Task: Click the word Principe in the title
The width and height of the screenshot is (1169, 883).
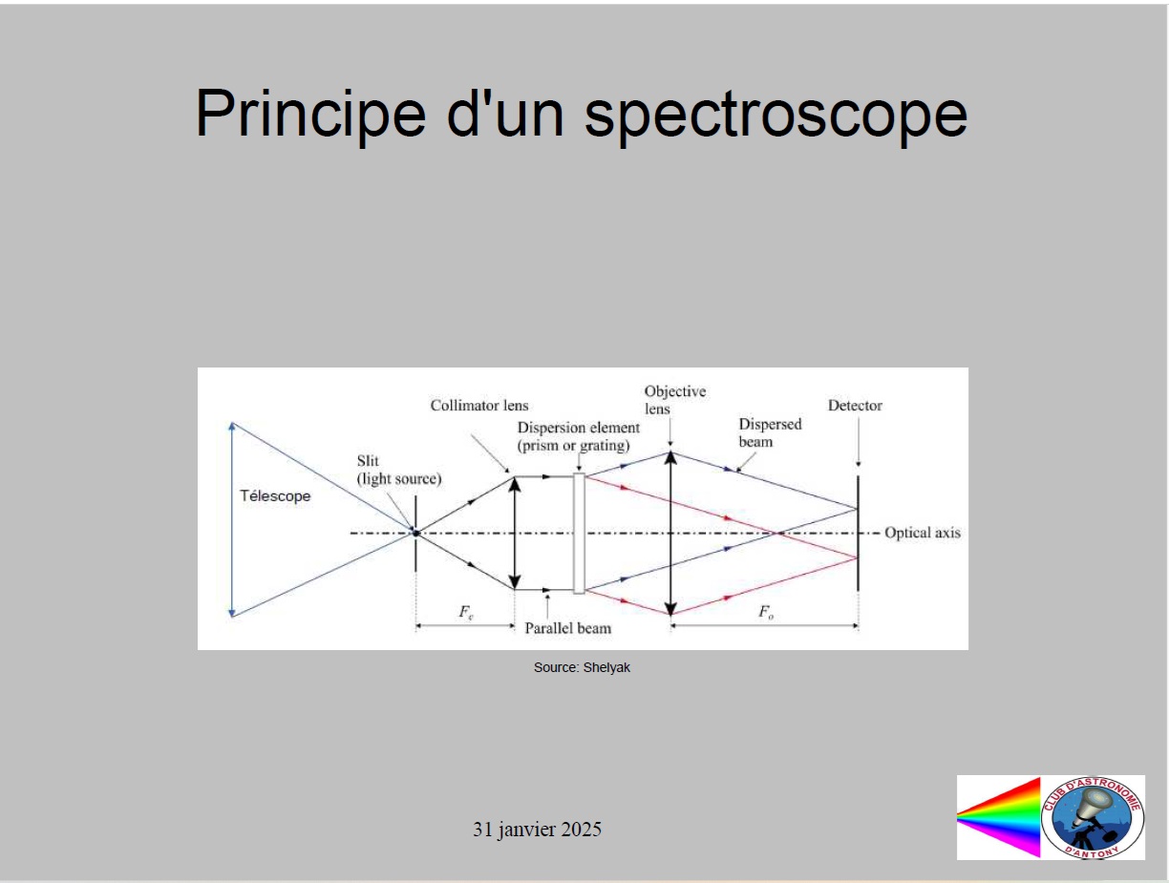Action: [x=311, y=114]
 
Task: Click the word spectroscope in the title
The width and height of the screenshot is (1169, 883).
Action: [x=776, y=116]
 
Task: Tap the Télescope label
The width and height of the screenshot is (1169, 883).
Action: [x=275, y=496]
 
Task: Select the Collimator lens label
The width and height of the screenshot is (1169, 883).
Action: [x=479, y=406]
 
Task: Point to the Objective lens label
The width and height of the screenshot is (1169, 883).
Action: [x=675, y=400]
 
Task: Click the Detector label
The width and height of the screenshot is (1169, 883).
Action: [x=855, y=406]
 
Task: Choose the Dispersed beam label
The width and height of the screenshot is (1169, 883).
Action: [x=770, y=432]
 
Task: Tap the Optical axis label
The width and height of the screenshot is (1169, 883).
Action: [x=923, y=533]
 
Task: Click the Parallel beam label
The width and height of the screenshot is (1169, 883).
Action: [x=567, y=628]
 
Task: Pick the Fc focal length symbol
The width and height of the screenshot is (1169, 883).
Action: [x=465, y=612]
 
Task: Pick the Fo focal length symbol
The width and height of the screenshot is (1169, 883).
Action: [x=766, y=612]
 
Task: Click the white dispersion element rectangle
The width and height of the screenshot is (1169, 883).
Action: [x=579, y=533]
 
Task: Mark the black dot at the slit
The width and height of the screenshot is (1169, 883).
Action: [x=416, y=533]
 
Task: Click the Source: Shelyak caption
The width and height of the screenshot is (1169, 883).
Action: [x=582, y=667]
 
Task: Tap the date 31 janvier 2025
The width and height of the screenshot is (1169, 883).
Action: [x=537, y=830]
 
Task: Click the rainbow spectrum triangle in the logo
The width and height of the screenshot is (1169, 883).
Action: [x=999, y=817]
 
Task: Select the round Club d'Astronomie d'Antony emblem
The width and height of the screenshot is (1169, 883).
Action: [x=1093, y=817]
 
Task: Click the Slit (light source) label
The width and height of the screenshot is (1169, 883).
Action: [x=399, y=470]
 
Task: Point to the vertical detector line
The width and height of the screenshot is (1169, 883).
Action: [x=858, y=533]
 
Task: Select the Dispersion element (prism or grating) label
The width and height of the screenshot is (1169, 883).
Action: [x=579, y=436]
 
